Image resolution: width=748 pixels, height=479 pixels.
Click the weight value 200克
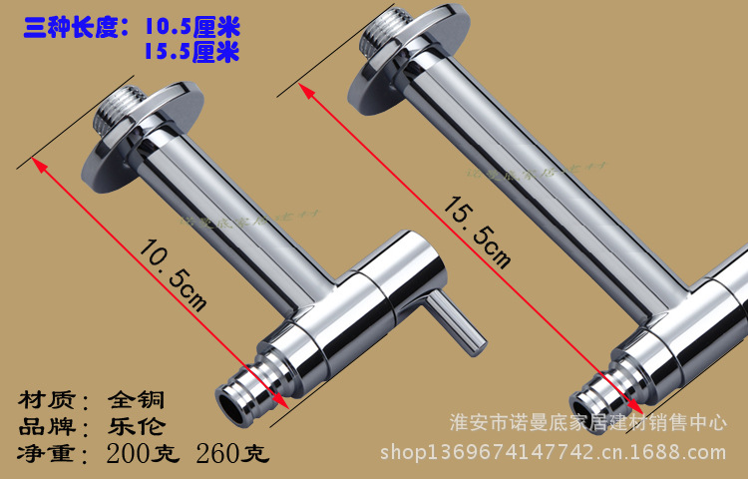tap(143, 455)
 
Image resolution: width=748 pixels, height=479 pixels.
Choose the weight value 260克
tap(232, 455)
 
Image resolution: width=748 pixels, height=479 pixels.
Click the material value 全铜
tap(135, 400)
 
